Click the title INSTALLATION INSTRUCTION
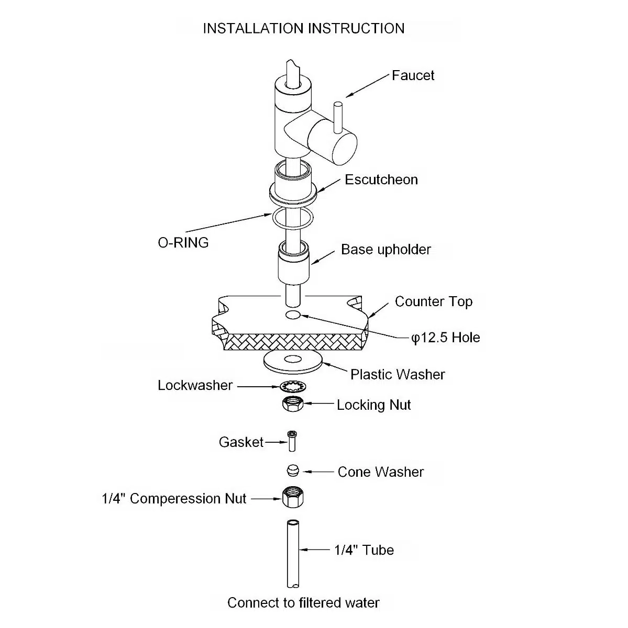pos(303,28)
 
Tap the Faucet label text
pos(413,75)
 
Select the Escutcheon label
pos(381,180)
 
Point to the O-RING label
pos(183,242)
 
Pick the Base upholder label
pos(385,250)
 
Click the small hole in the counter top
pos(293,315)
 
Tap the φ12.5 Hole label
pos(445,338)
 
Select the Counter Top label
pos(433,301)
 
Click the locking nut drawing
pos(293,405)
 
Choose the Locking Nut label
pos(373,405)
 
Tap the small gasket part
pos(292,441)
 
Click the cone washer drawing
pos(292,470)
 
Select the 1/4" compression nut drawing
pos(293,497)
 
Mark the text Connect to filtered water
pos(303,603)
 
